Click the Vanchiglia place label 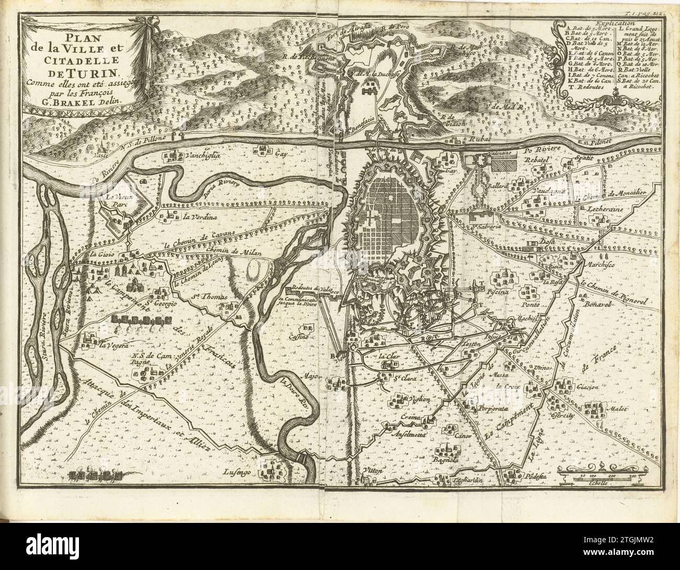tap(205, 155)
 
